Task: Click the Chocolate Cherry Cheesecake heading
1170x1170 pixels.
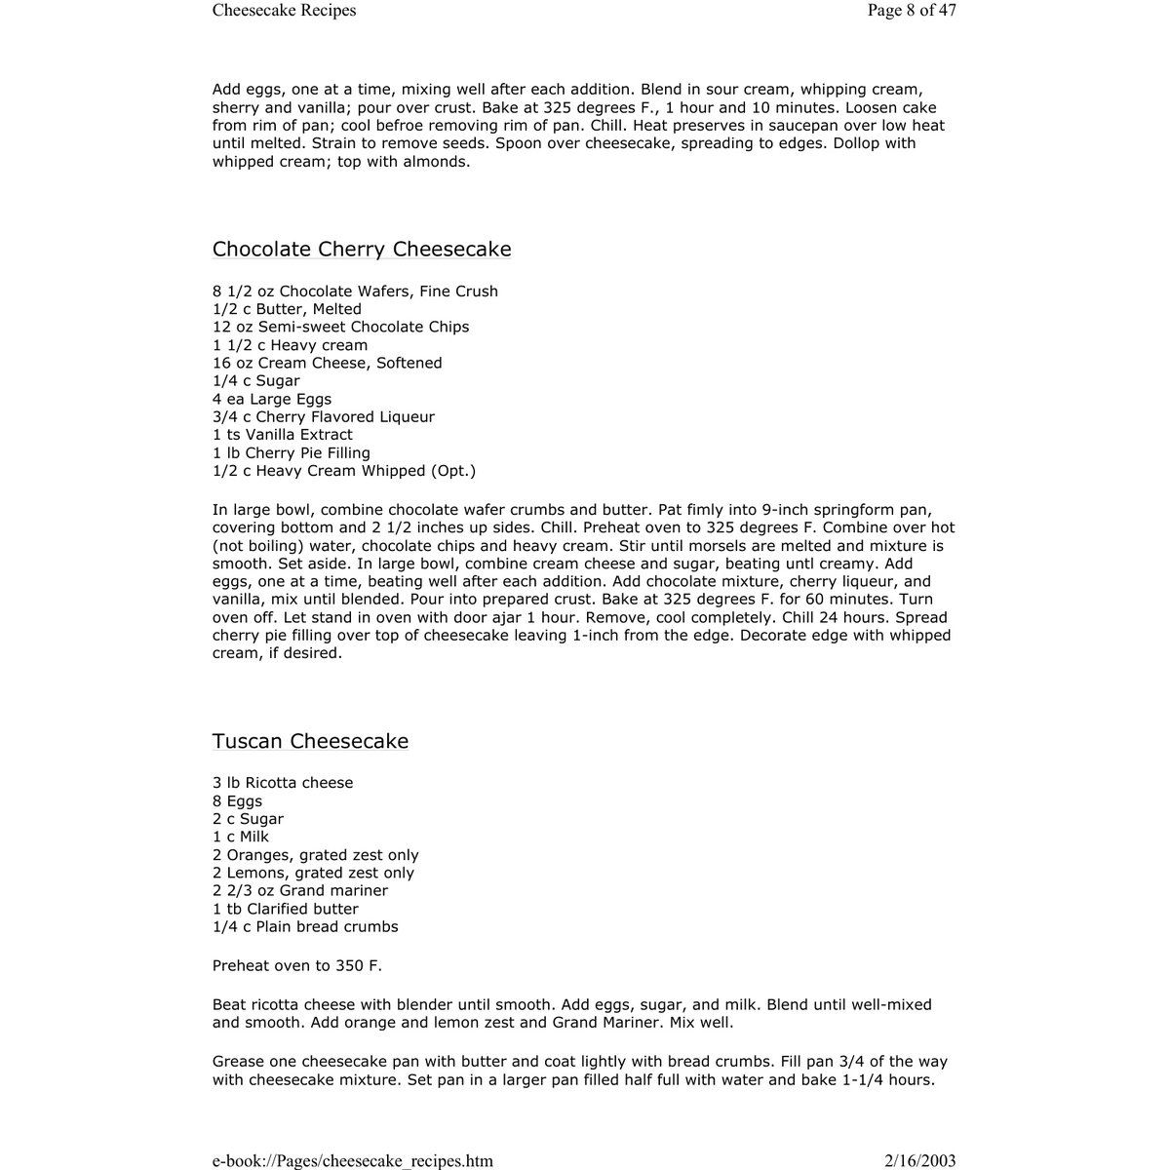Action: coord(362,250)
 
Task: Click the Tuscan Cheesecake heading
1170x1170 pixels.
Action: coord(310,741)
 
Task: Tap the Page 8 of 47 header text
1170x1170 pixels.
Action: coord(912,11)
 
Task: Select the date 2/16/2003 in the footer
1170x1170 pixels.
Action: coord(919,1161)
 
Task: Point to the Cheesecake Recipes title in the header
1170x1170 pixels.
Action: coord(284,11)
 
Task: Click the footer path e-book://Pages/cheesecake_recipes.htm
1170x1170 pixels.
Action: coord(353,1161)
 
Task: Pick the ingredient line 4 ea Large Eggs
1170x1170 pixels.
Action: coord(272,399)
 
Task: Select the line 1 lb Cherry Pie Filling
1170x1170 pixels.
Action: coord(292,453)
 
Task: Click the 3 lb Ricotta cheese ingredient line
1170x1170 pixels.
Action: coord(283,783)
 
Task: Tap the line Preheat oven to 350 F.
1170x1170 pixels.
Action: coord(297,966)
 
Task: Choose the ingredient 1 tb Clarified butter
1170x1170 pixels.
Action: coord(286,909)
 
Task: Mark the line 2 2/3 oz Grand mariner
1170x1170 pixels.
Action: coord(300,891)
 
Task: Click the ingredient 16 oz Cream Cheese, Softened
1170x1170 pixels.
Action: coord(328,363)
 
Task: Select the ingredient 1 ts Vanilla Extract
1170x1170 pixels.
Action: coord(283,435)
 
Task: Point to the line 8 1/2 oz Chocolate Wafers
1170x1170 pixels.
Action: coord(355,292)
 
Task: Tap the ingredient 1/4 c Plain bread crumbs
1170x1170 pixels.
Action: coord(305,927)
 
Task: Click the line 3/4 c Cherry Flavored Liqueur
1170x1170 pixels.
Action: coord(324,417)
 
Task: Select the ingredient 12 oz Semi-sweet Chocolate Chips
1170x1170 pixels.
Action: coord(340,327)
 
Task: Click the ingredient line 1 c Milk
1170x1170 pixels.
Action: coord(241,837)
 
